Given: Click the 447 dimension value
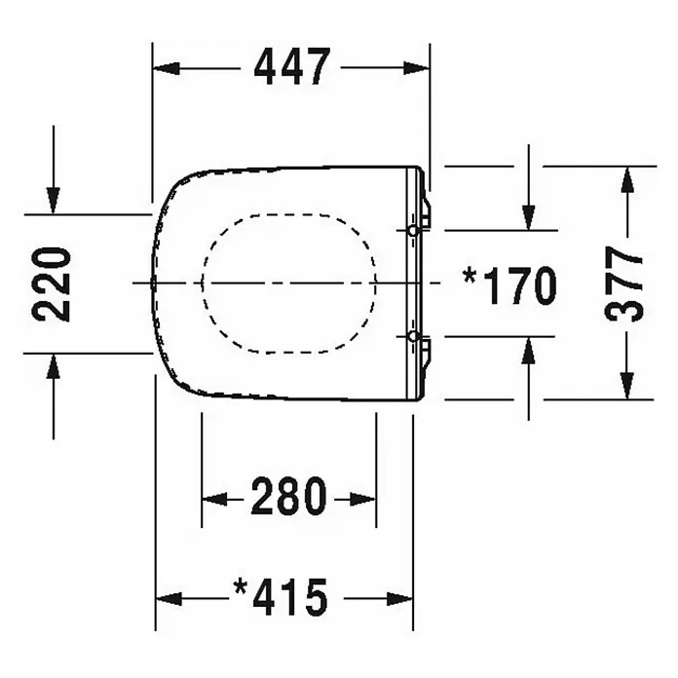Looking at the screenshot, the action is [292, 66].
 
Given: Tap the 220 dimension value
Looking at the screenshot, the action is [52, 284].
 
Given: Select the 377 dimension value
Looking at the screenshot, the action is [623, 283].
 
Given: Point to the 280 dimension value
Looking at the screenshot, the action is [289, 496].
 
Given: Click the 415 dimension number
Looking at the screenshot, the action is [290, 597].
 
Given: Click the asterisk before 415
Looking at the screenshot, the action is [240, 588].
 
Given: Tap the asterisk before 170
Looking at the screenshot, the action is [470, 277].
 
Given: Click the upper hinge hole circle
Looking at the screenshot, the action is [413, 231].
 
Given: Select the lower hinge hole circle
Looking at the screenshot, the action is [413, 336].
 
